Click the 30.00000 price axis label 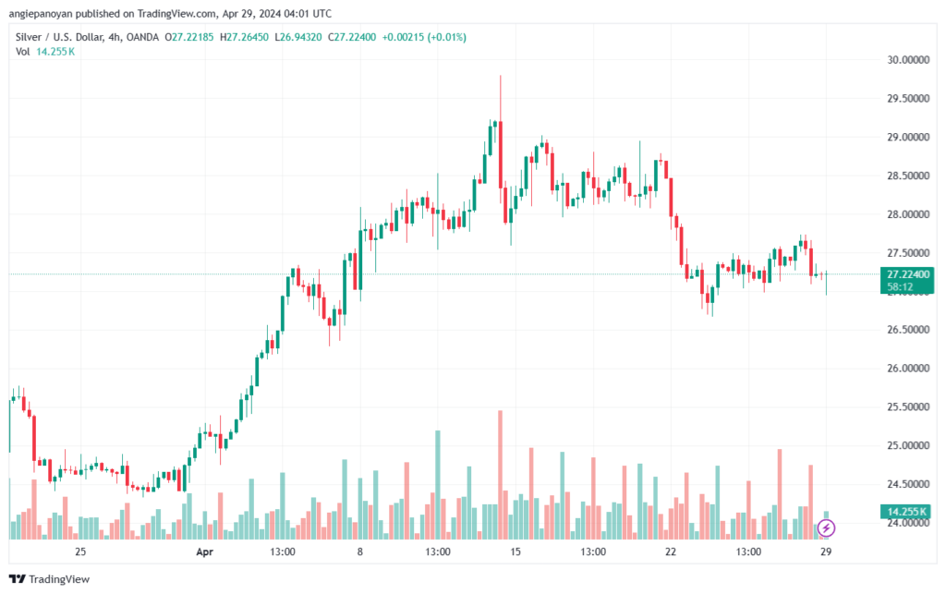(x=908, y=60)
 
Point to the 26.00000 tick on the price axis (x=908, y=369)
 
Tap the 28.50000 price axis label (x=908, y=176)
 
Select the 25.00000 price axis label (x=908, y=445)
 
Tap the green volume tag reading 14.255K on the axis (x=907, y=512)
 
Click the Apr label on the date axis (x=204, y=552)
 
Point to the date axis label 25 (x=80, y=552)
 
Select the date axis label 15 (x=515, y=552)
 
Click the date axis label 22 (x=671, y=552)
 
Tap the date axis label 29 (x=826, y=552)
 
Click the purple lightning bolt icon (x=826, y=528)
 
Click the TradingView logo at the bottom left (x=50, y=579)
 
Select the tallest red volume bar (x=500, y=475)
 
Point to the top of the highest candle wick (x=500, y=76)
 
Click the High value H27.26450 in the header (x=244, y=37)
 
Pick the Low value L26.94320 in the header (x=298, y=37)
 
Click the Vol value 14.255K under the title (x=55, y=52)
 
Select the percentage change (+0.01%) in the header (x=446, y=37)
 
